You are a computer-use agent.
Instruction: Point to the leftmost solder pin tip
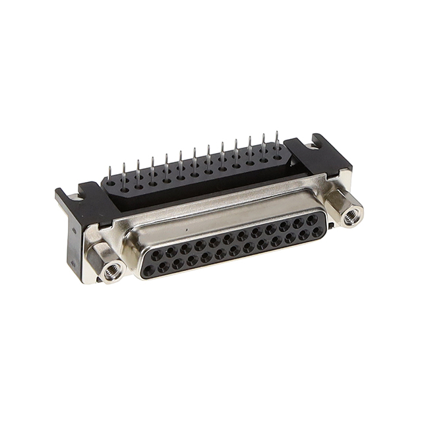point(123,165)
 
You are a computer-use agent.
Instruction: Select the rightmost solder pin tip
point(277,134)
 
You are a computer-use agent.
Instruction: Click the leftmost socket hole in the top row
point(156,252)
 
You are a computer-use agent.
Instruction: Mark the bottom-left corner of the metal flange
point(99,280)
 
